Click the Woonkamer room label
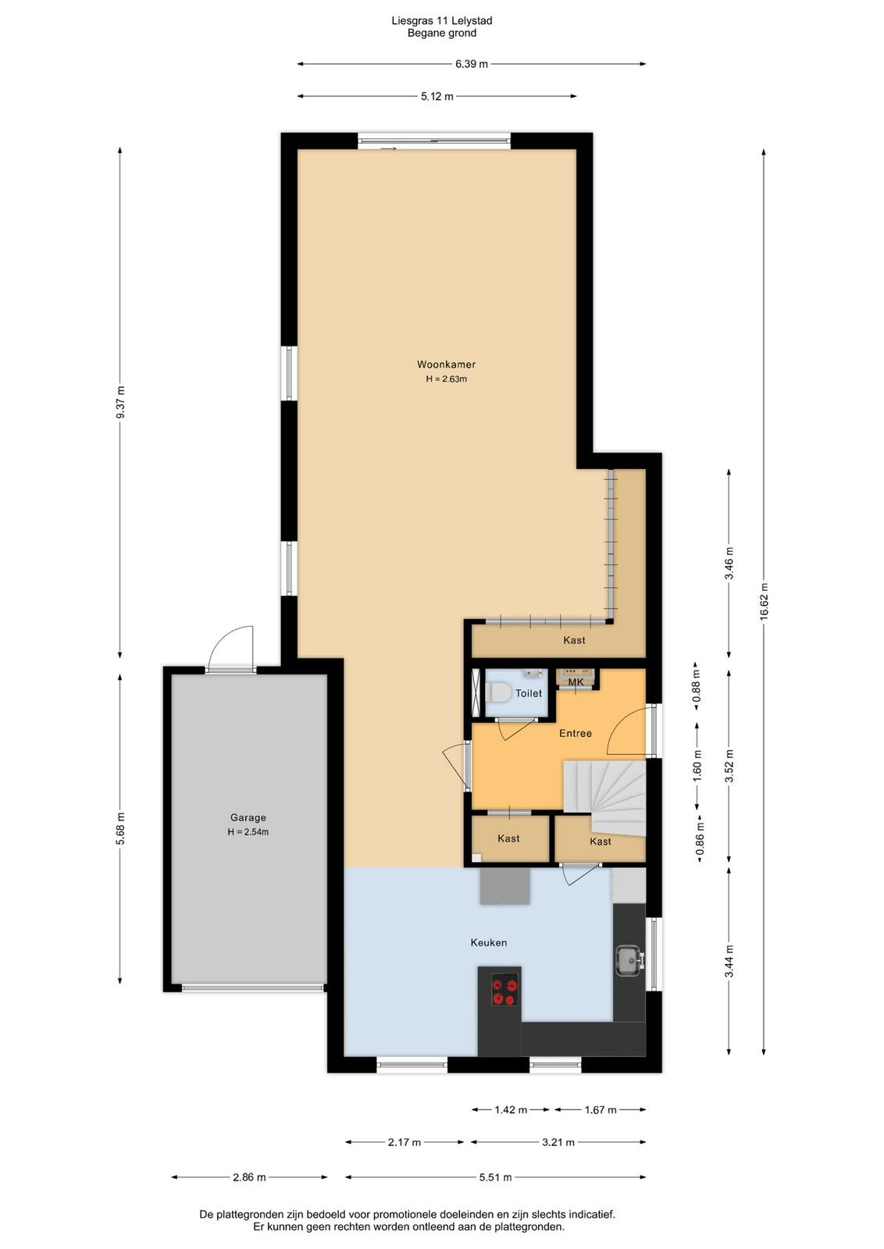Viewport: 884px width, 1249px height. click(x=446, y=365)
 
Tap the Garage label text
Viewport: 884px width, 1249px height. click(x=248, y=817)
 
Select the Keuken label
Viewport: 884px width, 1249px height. click(x=489, y=942)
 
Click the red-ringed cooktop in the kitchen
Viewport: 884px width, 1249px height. click(x=504, y=989)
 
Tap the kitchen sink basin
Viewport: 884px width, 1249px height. click(x=629, y=960)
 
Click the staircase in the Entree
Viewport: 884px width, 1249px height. click(x=605, y=796)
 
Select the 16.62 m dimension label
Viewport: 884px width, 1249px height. click(x=764, y=601)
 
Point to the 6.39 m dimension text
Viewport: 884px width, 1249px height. click(x=471, y=64)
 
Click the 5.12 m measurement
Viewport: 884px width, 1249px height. click(x=437, y=97)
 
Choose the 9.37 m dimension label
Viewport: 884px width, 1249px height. click(x=120, y=402)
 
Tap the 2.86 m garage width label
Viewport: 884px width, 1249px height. click(x=249, y=1177)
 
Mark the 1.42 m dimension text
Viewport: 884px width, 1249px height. click(x=511, y=1109)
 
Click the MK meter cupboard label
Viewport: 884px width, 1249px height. click(x=576, y=682)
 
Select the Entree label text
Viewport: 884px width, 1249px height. click(x=575, y=733)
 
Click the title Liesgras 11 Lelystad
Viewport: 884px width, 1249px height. click(x=442, y=20)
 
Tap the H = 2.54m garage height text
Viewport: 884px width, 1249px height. click(x=248, y=832)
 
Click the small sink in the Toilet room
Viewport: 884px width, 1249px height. click(x=533, y=674)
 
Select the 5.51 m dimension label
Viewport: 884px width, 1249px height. click(x=496, y=1177)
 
